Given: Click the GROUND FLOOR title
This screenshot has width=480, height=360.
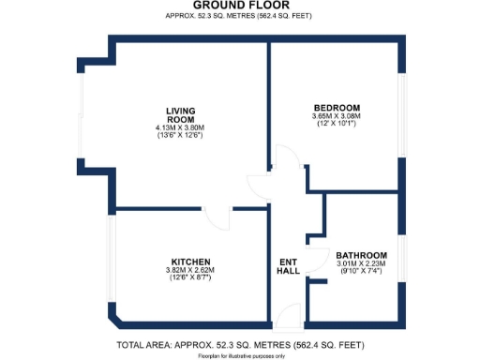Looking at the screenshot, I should coord(239,6).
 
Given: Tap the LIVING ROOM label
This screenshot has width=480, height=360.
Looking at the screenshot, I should coord(180,114).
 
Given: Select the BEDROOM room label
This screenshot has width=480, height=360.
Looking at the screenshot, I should coord(336,108).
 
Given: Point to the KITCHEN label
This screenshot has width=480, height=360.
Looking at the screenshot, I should coord(190,262).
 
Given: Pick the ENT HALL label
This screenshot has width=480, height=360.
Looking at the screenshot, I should coord(289,266).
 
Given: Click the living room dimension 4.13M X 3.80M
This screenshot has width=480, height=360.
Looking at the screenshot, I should coord(180,128).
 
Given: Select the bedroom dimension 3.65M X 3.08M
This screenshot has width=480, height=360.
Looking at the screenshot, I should coord(336,116).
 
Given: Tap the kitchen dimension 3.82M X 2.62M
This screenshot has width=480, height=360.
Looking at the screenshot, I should coord(190,270).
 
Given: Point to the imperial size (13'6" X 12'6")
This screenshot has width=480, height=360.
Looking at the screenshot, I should coord(180,136).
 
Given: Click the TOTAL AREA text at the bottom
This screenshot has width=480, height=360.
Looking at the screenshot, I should coord(239,346).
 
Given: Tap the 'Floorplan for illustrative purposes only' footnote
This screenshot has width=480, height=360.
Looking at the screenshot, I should coord(239,356).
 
